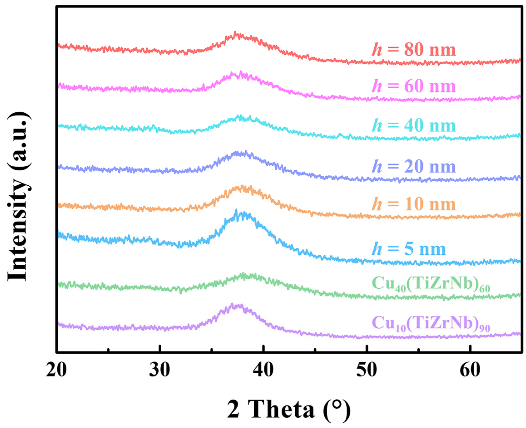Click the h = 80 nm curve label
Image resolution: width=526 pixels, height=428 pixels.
click(x=414, y=49)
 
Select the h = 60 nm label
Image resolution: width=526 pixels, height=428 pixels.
click(x=414, y=86)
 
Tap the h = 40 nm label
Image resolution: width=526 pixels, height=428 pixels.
click(x=414, y=126)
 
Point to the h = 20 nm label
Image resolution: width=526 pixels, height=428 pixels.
click(x=414, y=167)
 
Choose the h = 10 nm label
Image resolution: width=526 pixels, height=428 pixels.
click(x=414, y=204)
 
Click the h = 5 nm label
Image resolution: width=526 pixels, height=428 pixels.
click(x=409, y=249)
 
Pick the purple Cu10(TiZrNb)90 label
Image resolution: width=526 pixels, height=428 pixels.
click(x=431, y=324)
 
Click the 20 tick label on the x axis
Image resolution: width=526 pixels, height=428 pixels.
click(x=56, y=369)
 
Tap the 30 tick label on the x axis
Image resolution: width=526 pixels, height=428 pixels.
click(x=160, y=369)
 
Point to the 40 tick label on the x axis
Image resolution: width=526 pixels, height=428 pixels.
click(x=263, y=369)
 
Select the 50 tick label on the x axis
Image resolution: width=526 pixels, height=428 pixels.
click(x=366, y=369)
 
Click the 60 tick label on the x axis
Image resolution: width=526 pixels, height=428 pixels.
click(x=470, y=369)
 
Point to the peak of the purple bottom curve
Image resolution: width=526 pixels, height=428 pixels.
click(x=232, y=304)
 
